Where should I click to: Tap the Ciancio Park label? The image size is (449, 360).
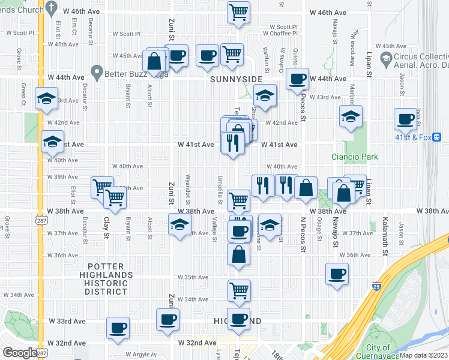coord(355,157)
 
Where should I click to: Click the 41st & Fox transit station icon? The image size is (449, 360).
coord(436,137)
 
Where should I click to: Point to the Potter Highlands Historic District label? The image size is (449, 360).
coord(106,278)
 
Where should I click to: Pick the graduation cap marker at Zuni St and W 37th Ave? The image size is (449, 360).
coord(179,225)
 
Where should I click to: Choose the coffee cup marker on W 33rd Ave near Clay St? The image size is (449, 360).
coord(118,327)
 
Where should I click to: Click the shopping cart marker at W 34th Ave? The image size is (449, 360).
coord(239,290)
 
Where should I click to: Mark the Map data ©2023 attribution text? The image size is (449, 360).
coord(423,355)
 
